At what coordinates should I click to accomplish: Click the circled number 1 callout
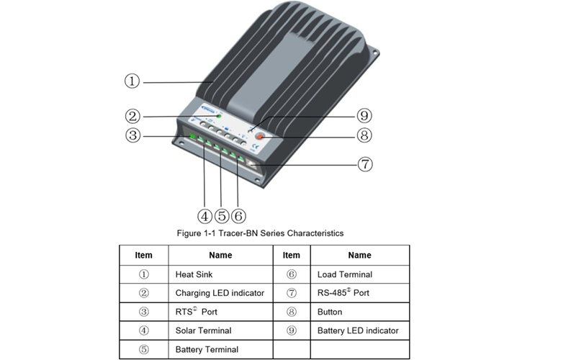(x=132, y=81)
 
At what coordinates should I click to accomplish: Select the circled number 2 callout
(x=132, y=116)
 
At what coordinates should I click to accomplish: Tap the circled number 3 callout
(x=132, y=135)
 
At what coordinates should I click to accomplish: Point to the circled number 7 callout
(x=365, y=164)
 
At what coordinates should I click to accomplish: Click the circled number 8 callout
(x=365, y=135)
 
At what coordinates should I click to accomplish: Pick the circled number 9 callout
(x=365, y=116)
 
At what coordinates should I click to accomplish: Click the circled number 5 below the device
(x=222, y=216)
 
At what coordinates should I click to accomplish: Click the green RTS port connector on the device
(x=193, y=136)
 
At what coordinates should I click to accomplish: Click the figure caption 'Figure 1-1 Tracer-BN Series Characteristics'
(x=260, y=233)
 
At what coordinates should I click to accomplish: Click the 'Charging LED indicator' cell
(x=220, y=293)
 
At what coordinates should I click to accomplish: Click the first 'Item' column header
(x=144, y=255)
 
